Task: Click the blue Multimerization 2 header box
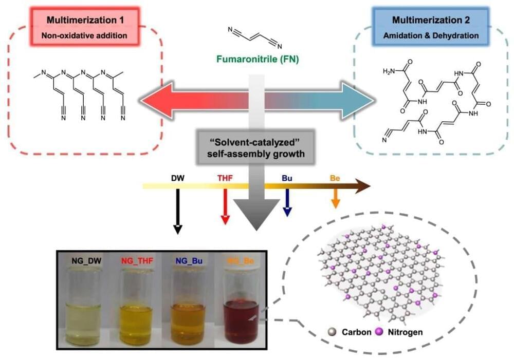click(x=431, y=27)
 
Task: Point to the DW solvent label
click(x=177, y=179)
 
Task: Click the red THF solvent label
click(x=225, y=179)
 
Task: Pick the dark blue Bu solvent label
click(x=287, y=179)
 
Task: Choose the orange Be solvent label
click(x=335, y=179)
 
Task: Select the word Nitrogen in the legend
click(x=405, y=332)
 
